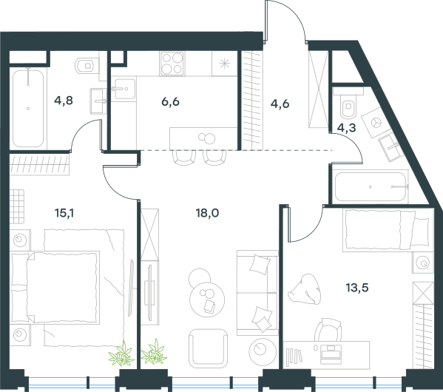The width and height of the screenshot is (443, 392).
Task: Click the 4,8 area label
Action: point(64,101)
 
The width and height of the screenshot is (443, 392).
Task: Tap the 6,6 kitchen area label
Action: point(170,101)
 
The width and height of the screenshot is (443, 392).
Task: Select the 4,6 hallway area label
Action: point(280,104)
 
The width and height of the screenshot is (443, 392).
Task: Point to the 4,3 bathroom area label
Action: point(347,128)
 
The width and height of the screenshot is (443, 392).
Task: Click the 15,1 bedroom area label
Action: point(64,213)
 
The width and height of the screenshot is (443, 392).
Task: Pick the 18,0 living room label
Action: point(207,213)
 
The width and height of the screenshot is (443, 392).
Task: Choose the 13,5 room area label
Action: point(357,288)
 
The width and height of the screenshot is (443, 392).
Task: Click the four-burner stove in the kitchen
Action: point(172,64)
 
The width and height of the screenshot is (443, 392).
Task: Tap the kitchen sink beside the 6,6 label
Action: point(124,89)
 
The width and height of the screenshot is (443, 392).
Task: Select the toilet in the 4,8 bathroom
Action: point(87,66)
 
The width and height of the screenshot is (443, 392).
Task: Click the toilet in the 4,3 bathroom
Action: point(348,106)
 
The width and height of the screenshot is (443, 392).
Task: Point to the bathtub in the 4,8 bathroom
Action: point(28,108)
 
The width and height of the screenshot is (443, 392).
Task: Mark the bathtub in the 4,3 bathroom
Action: point(371,187)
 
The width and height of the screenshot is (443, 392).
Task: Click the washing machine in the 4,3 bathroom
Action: point(375,123)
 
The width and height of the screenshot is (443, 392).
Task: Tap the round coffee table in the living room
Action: point(207,300)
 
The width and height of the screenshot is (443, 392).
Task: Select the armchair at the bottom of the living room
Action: point(209,348)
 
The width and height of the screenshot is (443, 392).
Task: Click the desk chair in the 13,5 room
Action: point(328,330)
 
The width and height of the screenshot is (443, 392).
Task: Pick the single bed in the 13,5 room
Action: point(388,230)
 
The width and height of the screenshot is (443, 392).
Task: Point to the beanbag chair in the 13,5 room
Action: point(305,289)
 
